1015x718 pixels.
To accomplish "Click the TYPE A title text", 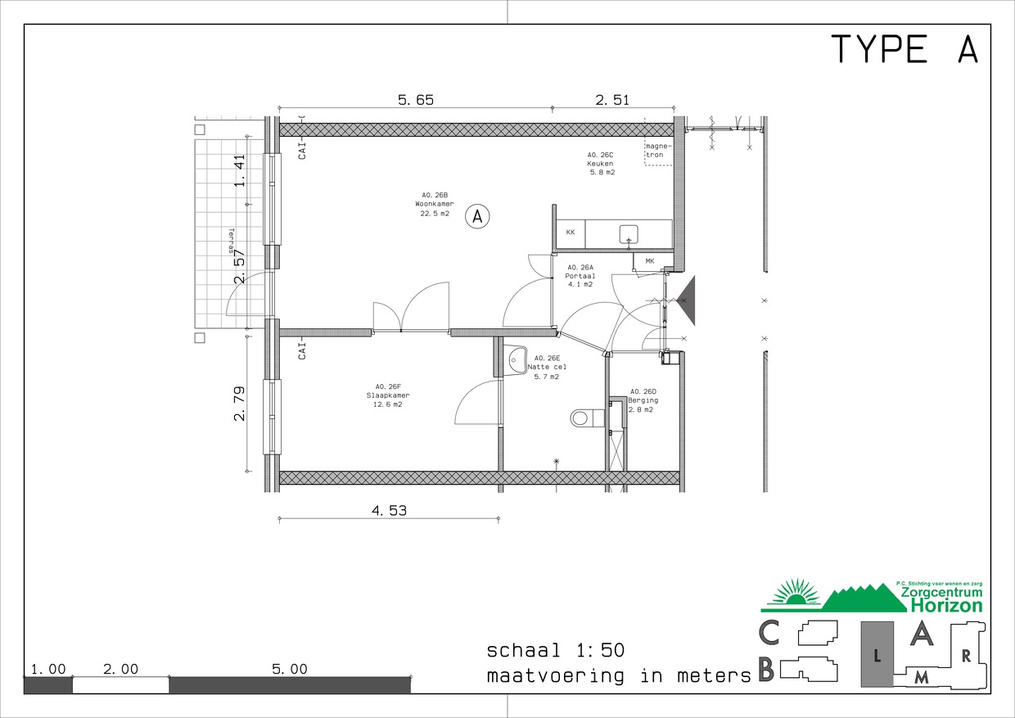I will [904, 50].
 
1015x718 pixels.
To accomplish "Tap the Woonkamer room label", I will [434, 204].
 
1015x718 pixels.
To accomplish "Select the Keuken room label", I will [600, 163].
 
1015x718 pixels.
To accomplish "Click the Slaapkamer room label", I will [389, 395].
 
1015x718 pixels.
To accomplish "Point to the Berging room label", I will [643, 400].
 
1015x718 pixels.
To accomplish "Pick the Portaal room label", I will [580, 276].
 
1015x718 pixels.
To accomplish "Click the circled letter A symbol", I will [477, 217].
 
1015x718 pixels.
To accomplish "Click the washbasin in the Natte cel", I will [517, 359].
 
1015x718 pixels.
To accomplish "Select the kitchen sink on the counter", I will [629, 233].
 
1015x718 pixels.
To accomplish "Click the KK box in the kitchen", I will [570, 233].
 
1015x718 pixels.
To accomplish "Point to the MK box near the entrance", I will [649, 262].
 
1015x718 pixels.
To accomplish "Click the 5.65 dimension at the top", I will [415, 101].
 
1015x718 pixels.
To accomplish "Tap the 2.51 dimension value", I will [611, 101].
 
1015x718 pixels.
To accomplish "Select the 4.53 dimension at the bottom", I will [389, 511].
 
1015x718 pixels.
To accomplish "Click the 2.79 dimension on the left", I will [240, 404].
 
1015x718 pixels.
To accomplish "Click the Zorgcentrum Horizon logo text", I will [941, 599].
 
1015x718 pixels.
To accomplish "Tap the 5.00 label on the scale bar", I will [290, 669].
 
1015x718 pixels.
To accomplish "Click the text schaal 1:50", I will [556, 651].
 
